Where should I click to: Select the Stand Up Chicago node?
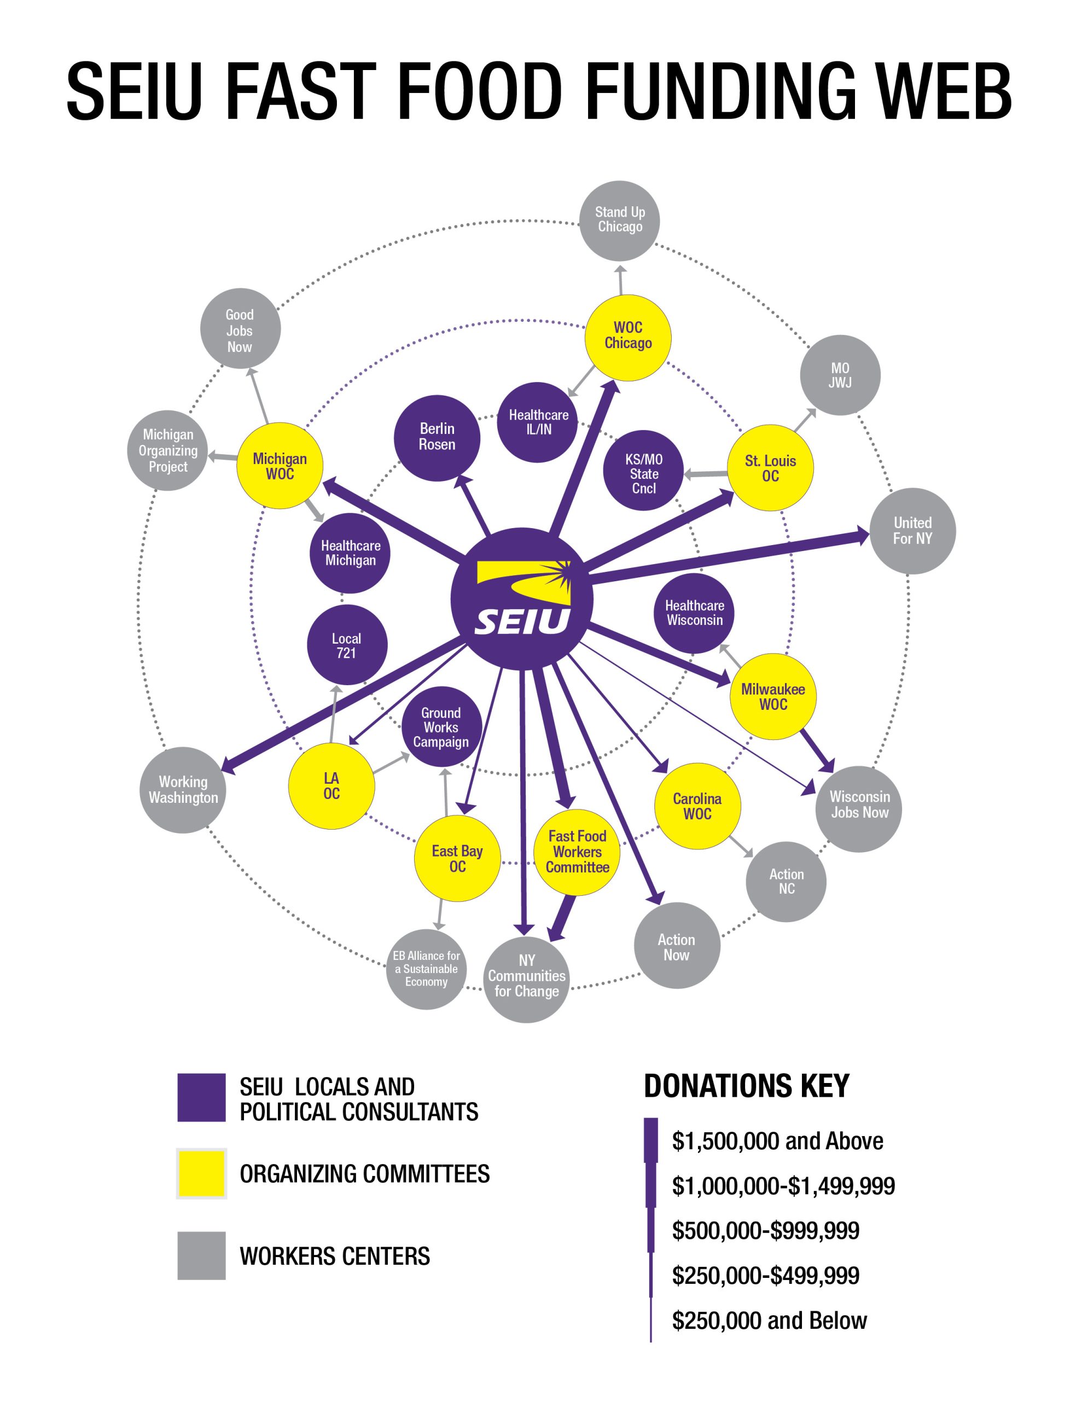pos(620,221)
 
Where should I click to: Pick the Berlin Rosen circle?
pos(437,437)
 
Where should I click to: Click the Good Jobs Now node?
pos(240,329)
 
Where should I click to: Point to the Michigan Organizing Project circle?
pos(167,450)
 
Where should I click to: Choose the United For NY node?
pos(912,530)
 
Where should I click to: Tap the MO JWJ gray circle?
pos(840,375)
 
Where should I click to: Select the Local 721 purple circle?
pos(346,645)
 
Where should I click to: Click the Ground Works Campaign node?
pos(441,727)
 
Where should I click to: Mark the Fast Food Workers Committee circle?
pos(577,852)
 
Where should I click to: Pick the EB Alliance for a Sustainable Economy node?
pos(427,969)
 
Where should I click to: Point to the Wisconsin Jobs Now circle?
pos(859,805)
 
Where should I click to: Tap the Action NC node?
pos(786,882)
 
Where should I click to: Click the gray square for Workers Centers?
pos(201,1255)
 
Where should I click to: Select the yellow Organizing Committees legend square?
pos(201,1173)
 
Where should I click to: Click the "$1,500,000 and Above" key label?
pos(777,1141)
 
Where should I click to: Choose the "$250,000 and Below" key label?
pos(769,1320)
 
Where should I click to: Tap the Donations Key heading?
pos(746,1086)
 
